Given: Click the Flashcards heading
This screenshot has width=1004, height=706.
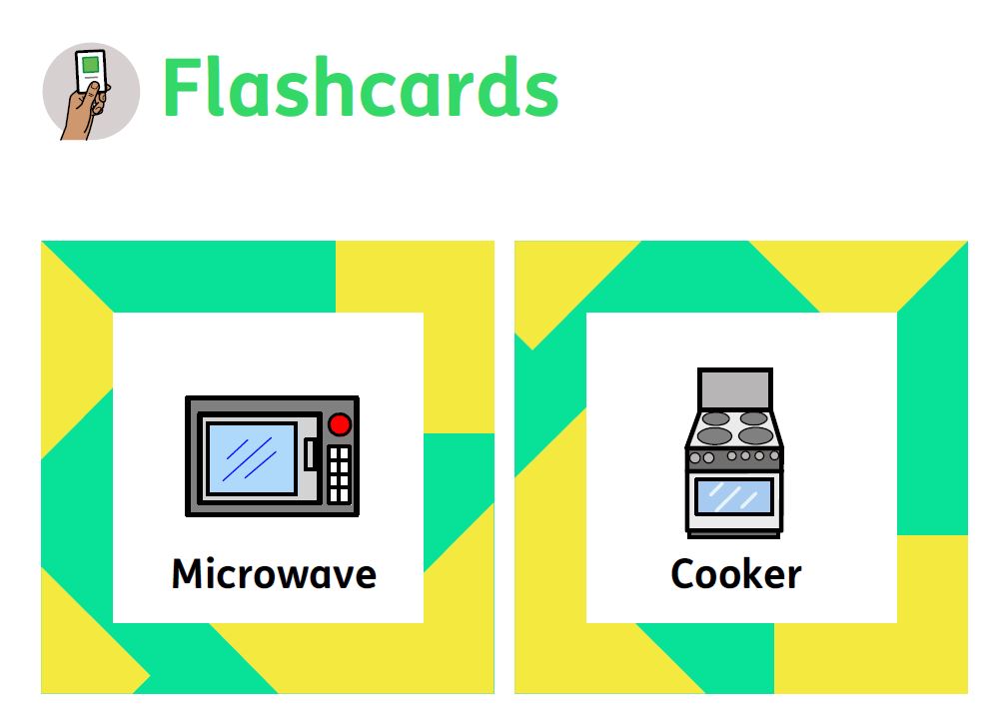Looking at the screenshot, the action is tap(361, 87).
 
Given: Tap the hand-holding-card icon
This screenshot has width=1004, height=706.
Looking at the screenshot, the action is tap(91, 92).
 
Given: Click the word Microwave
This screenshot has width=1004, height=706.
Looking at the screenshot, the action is tap(274, 573).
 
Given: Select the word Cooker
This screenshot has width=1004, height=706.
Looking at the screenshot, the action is tap(735, 573).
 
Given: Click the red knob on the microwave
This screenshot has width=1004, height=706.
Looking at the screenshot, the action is tap(340, 424).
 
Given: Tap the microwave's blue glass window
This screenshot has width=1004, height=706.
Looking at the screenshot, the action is tap(253, 458).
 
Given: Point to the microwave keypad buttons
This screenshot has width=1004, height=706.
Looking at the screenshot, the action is tap(339, 473).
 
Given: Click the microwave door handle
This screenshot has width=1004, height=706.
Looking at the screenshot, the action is tap(310, 453).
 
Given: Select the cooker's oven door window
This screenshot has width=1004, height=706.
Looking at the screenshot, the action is tap(734, 496).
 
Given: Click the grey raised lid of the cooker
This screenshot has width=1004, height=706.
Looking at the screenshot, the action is tap(734, 388).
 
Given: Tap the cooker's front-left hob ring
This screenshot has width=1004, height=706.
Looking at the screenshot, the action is tap(714, 436).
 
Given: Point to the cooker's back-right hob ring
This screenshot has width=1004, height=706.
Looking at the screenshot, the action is tap(753, 418).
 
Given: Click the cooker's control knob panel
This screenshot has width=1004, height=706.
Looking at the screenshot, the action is tap(734, 457).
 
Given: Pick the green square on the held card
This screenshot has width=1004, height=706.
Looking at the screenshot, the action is tap(91, 65).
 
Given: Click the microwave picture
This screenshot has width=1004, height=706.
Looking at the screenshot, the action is tap(272, 456).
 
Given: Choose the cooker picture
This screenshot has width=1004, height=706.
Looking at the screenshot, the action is tap(734, 452).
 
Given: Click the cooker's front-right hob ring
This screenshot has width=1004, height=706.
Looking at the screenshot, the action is tap(755, 436).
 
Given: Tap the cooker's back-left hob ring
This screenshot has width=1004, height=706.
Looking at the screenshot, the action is tap(716, 418).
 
